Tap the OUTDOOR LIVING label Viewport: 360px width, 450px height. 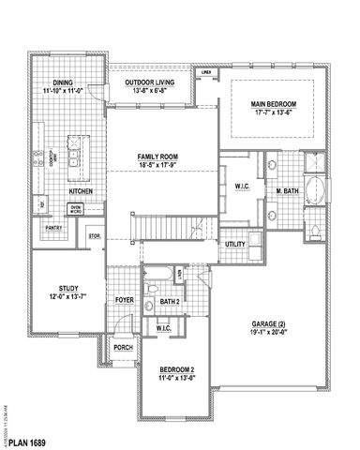click(148, 82)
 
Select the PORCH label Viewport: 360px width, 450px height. click(123, 346)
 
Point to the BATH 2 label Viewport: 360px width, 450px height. click(170, 302)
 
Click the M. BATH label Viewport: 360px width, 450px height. click(287, 191)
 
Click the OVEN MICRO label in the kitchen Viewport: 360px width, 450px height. click(76, 208)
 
